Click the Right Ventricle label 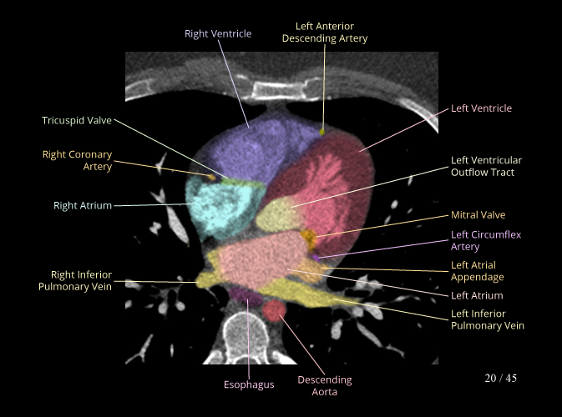pos(218,33)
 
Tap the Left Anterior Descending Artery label pos(325,33)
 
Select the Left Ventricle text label pos(481,108)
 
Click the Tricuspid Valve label pos(77,121)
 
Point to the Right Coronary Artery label pos(77,160)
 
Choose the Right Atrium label pos(83,205)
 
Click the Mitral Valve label pos(478,215)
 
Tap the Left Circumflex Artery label pos(477,241)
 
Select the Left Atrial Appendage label pos(477,271)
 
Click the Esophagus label pos(249,384)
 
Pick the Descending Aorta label pos(325,385)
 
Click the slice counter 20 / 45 pos(500,379)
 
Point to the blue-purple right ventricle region pos(251,150)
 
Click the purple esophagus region pos(245,294)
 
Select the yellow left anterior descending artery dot pos(322,130)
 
